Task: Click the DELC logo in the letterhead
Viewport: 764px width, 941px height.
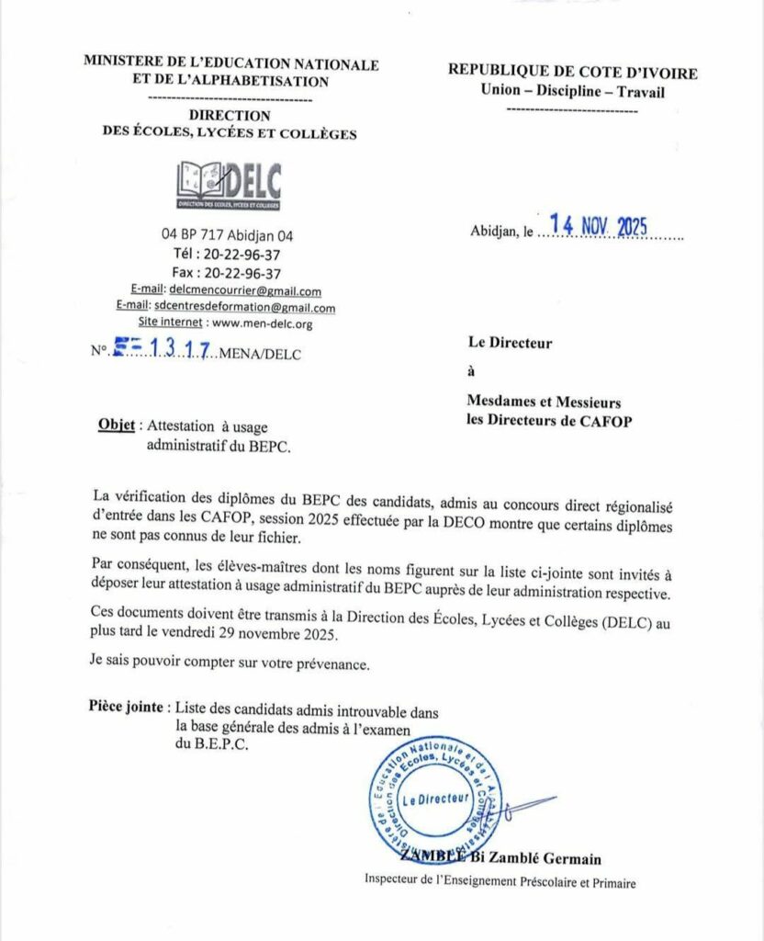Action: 228,183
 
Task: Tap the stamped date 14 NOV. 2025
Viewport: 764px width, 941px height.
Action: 598,226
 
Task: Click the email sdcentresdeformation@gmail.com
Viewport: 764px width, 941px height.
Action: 245,308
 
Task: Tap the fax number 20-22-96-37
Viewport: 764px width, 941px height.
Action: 242,273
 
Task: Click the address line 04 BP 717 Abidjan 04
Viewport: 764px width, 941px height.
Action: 227,235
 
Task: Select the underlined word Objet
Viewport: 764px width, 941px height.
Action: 116,426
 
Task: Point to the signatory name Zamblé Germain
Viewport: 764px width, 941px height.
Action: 551,859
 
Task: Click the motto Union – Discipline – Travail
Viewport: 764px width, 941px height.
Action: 572,91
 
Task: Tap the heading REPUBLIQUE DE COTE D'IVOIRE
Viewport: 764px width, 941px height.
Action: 572,74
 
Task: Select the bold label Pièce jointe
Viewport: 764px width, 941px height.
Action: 128,707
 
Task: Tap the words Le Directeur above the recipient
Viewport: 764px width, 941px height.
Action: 511,344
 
